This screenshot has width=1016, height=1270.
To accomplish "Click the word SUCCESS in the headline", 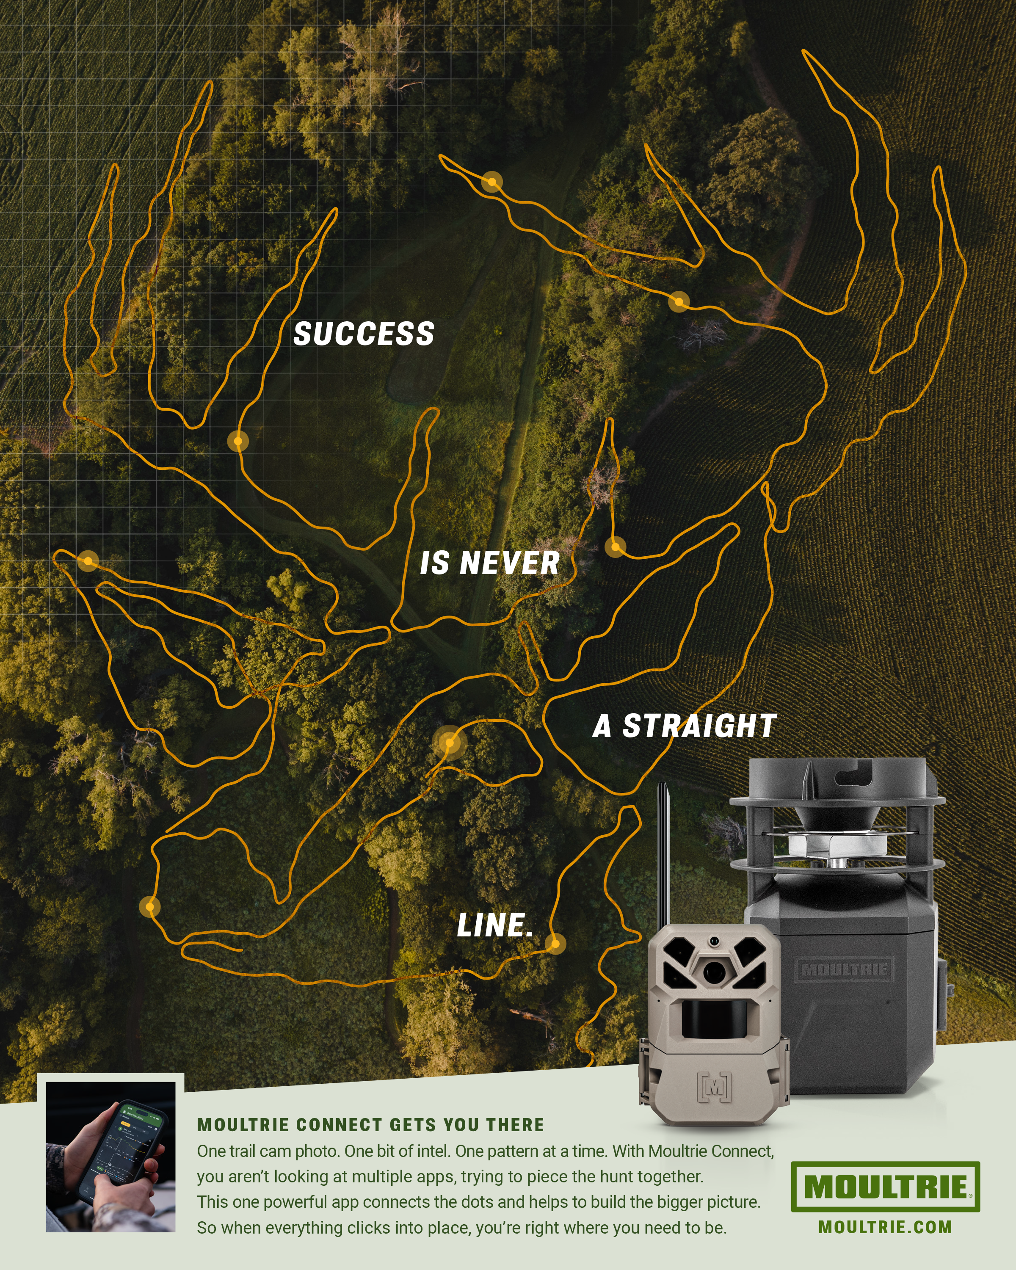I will [x=363, y=334].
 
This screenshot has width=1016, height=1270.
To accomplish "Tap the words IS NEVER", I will [x=489, y=563].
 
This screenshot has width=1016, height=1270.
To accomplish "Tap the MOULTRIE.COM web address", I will [x=885, y=1227].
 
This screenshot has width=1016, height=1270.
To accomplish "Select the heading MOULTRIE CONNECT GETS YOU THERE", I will [x=370, y=1124].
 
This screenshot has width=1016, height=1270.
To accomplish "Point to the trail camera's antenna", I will [x=663, y=854].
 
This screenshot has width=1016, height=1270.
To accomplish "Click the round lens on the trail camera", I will [x=714, y=970].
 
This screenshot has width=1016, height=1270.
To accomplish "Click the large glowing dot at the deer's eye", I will [x=450, y=743].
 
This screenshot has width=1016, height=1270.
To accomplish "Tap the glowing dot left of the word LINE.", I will [x=149, y=906].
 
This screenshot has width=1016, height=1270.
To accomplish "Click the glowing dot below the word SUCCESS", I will [x=238, y=441].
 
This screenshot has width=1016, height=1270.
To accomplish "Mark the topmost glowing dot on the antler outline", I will [x=492, y=182].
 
